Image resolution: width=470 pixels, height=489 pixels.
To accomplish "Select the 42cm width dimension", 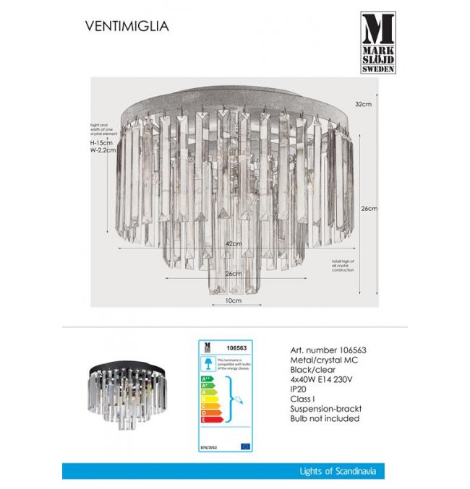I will (232, 245).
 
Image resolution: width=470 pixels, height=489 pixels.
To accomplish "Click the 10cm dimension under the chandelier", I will (232, 299).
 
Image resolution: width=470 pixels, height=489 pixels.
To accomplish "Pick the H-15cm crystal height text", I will (92, 143).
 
